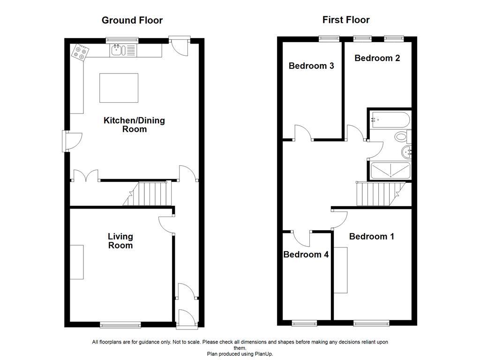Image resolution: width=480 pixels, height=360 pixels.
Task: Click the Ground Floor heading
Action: (132, 20)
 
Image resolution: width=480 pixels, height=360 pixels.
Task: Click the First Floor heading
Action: (346, 20)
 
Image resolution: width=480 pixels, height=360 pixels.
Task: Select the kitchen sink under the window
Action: (117, 50)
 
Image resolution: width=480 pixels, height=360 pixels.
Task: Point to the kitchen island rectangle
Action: (119, 88)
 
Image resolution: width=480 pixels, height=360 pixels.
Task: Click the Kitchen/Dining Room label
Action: (134, 125)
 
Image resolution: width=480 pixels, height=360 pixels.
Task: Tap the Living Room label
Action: (120, 241)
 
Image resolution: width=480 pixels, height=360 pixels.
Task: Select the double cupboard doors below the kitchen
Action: (85, 176)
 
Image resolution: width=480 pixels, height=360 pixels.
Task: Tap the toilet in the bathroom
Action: (401, 137)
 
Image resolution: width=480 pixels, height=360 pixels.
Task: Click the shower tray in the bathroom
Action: (390, 171)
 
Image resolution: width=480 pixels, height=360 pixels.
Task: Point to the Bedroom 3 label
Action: (311, 66)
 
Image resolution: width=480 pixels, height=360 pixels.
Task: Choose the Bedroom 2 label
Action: (377, 58)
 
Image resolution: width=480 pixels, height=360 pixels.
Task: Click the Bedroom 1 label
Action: (372, 236)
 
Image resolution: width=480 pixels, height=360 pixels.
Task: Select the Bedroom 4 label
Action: (306, 255)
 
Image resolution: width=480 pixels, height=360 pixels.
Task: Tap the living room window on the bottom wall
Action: (120, 324)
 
